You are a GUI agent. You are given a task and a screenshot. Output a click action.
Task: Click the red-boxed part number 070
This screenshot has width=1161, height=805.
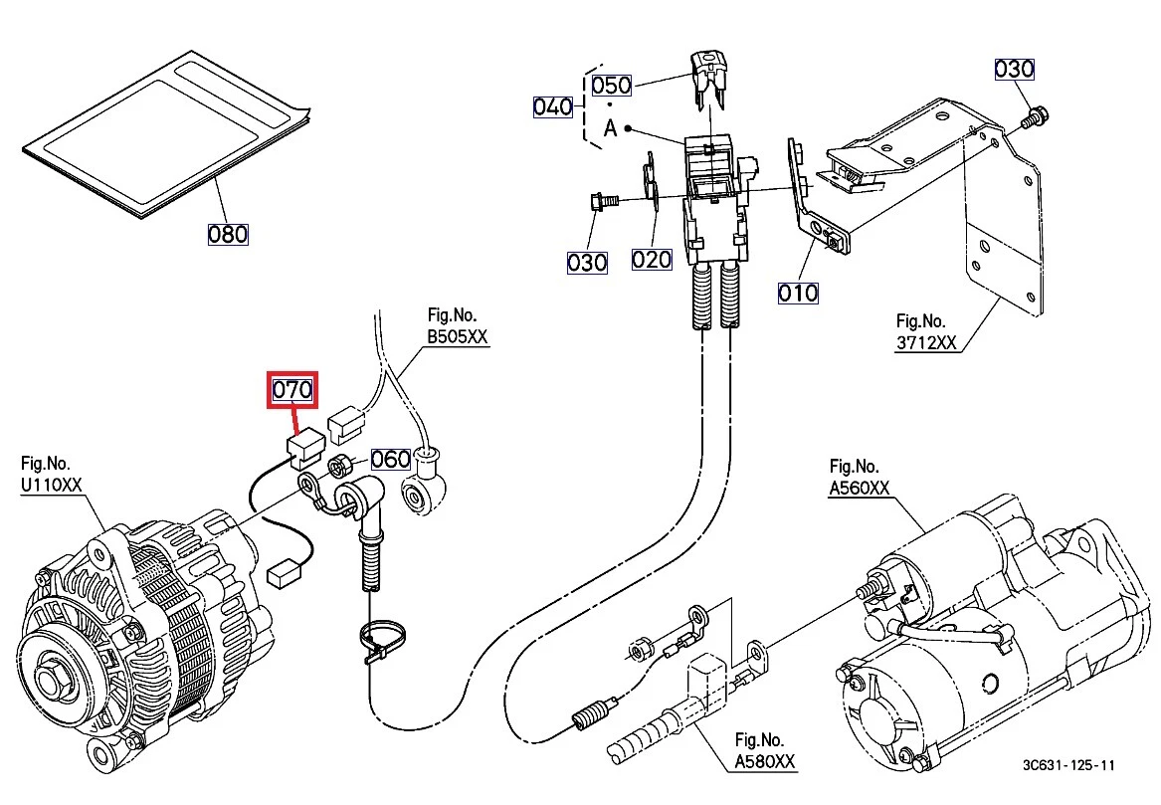(292, 389)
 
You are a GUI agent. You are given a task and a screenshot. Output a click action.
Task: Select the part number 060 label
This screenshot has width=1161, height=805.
(391, 459)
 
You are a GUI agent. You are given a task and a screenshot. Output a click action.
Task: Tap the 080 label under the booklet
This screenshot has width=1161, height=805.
(228, 234)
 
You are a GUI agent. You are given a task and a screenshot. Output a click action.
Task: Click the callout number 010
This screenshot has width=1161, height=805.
(798, 293)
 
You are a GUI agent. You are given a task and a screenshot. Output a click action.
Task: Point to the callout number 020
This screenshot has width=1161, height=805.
(652, 261)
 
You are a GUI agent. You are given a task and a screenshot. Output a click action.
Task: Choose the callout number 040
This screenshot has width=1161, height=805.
(553, 106)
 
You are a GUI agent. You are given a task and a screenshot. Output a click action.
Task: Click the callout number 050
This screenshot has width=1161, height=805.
(612, 85)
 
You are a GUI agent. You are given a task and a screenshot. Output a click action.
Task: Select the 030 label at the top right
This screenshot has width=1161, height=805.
(1015, 69)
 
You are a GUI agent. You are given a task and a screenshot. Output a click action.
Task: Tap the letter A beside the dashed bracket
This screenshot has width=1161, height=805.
(610, 128)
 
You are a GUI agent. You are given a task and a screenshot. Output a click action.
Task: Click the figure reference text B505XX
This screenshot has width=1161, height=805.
(458, 337)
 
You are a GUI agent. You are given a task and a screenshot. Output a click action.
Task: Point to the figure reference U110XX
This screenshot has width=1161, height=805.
(53, 486)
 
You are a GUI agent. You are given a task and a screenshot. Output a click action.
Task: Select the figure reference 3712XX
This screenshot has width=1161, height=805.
(926, 343)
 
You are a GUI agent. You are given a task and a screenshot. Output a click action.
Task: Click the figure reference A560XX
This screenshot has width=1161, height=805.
(860, 488)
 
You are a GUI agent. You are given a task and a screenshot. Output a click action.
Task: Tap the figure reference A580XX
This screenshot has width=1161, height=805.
(765, 761)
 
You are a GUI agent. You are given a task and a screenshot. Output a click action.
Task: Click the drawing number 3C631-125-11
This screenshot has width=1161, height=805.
(1068, 765)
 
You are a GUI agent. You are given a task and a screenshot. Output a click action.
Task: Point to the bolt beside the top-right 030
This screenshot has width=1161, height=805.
(1034, 118)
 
